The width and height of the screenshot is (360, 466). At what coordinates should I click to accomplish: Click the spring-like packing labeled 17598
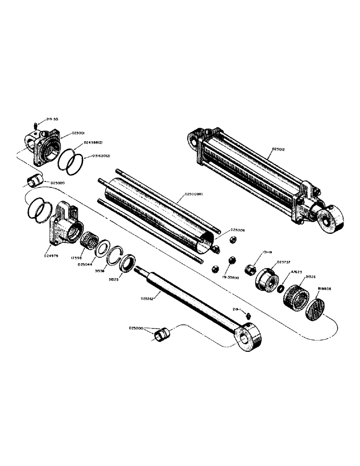coord(88,241)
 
